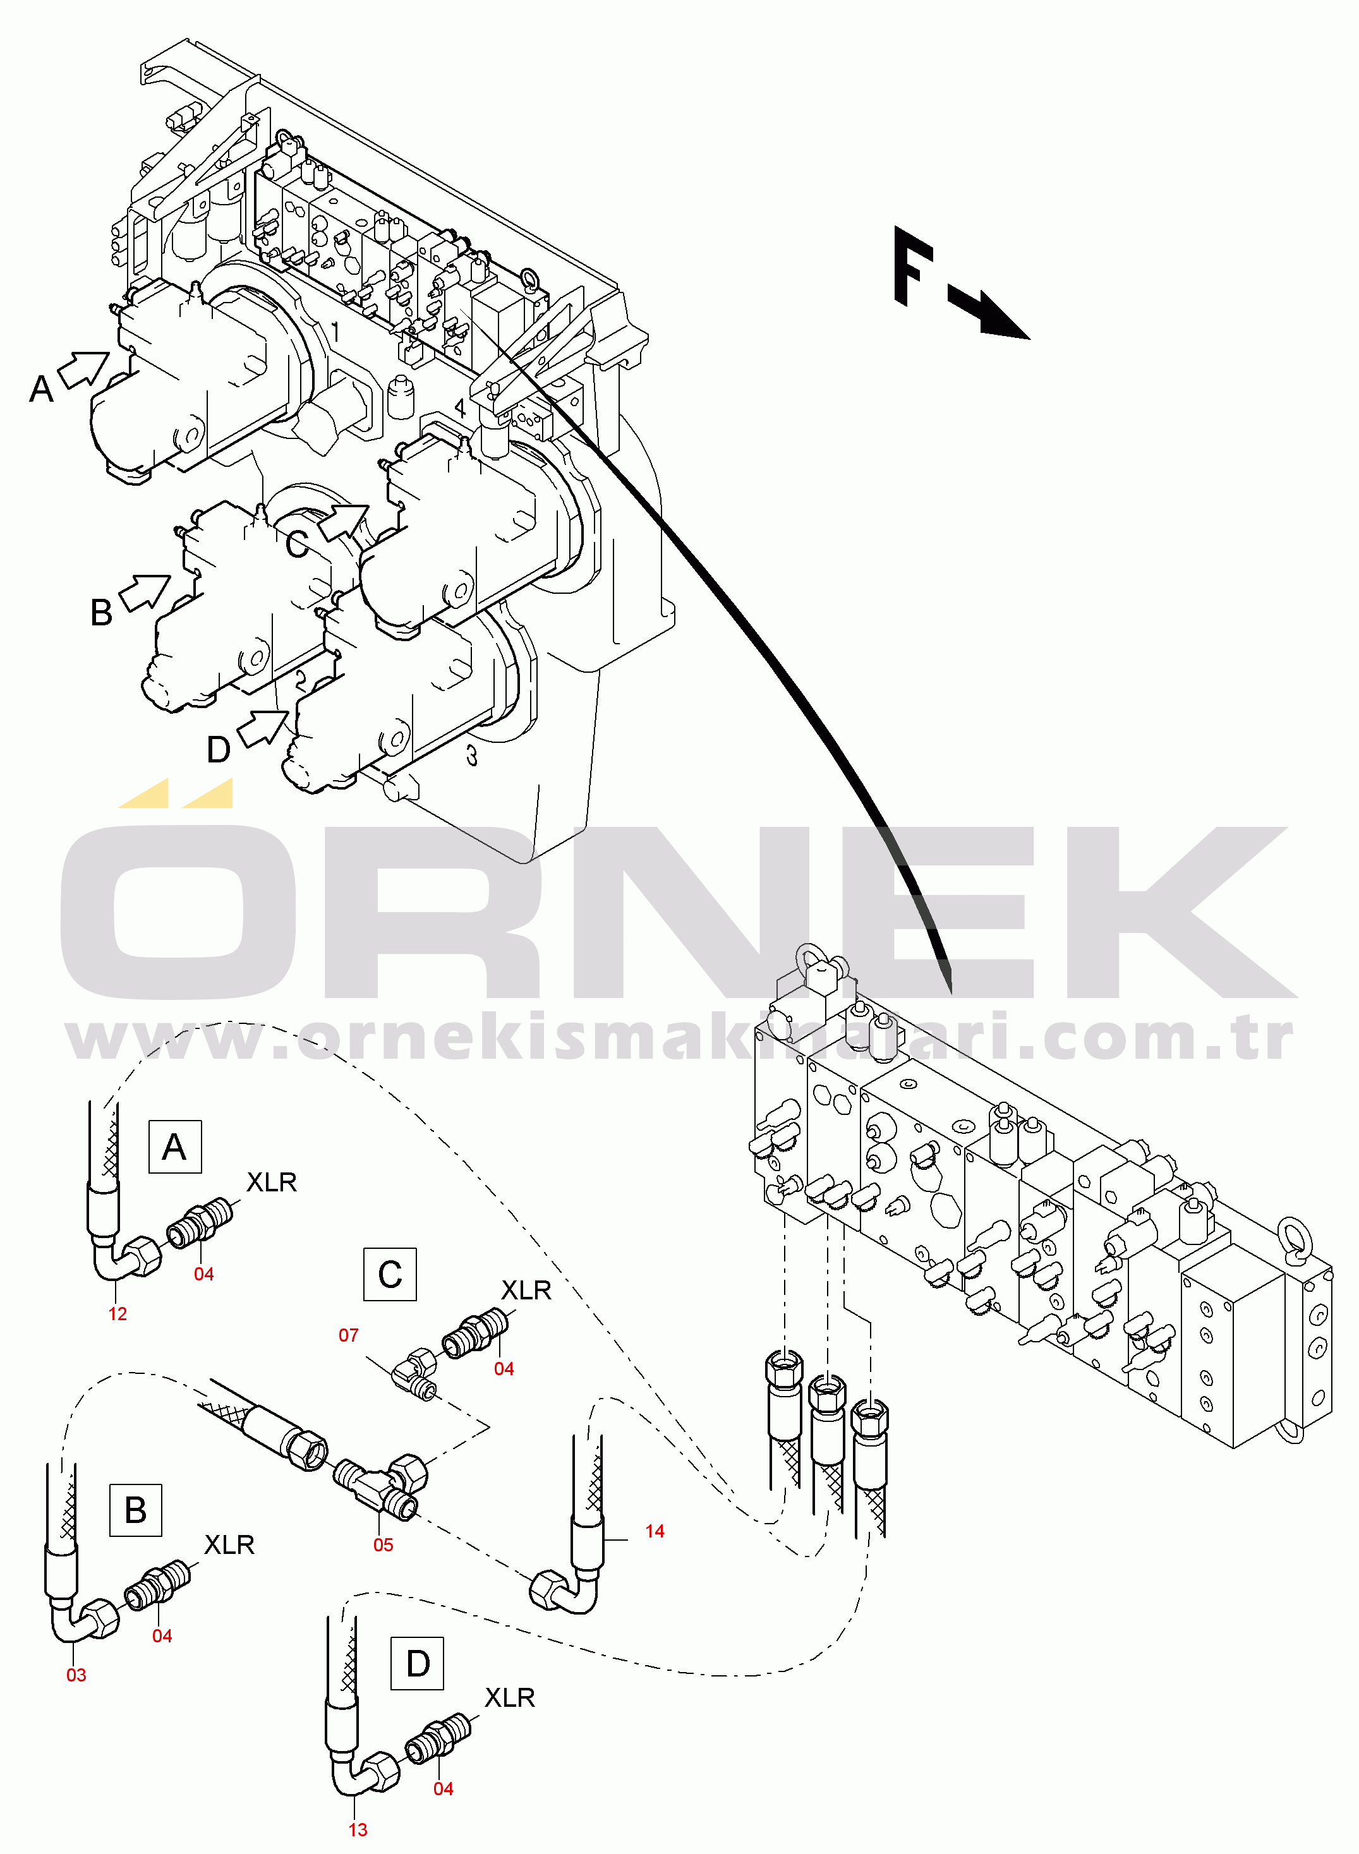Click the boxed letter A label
(174, 1146)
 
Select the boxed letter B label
(136, 1510)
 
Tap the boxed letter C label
(390, 1275)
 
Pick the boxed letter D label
(418, 1663)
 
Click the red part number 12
(118, 1314)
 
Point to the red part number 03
(76, 1675)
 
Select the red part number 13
(358, 1829)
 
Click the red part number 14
(654, 1531)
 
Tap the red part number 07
(348, 1335)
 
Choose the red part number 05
(384, 1544)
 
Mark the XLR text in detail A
(272, 1182)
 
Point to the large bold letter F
(913, 265)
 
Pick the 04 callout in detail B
(162, 1636)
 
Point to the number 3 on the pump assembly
(471, 755)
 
